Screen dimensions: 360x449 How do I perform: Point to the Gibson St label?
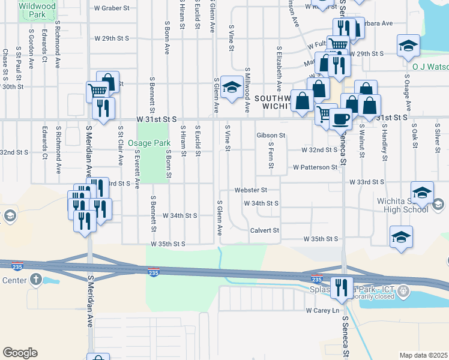click(271, 136)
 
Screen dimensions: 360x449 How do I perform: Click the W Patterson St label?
click(315, 167)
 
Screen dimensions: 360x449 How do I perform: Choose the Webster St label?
click(250, 190)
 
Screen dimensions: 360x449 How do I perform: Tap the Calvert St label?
click(265, 230)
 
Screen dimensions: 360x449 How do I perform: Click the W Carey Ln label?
click(322, 310)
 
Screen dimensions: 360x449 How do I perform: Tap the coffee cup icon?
click(341, 119)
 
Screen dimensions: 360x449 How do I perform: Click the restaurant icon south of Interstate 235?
click(342, 289)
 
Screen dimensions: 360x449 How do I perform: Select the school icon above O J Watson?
click(408, 46)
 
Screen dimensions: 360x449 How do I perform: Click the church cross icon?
click(35, 279)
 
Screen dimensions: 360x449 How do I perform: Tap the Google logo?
click(20, 353)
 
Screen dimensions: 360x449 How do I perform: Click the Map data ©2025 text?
click(423, 355)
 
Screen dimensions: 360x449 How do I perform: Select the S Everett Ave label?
click(137, 169)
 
